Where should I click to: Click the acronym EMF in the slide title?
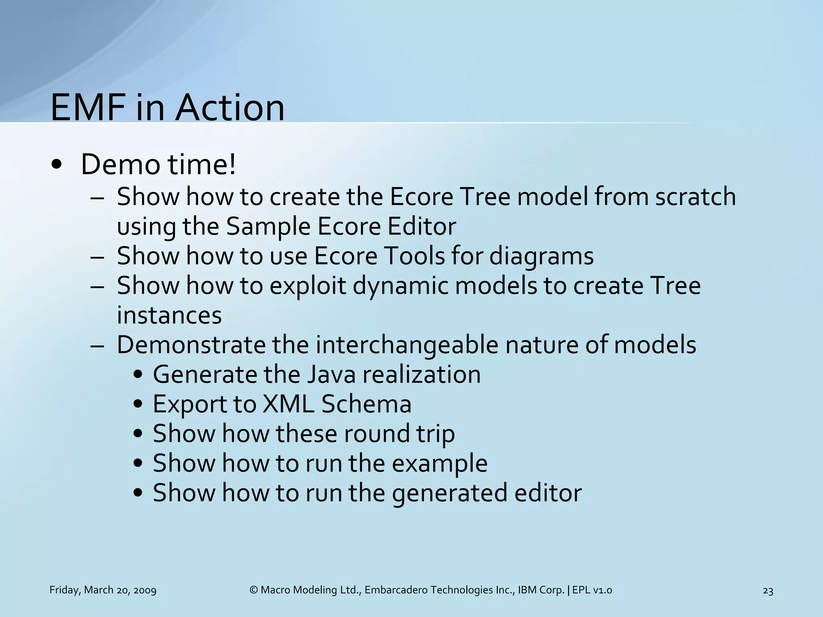tap(89, 108)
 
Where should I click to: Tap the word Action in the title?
tap(230, 108)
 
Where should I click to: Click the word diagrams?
tap(541, 256)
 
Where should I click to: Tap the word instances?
tap(169, 315)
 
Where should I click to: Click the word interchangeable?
tap(407, 345)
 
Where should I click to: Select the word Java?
tap(331, 375)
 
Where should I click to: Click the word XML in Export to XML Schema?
tap(288, 404)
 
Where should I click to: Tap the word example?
tap(439, 464)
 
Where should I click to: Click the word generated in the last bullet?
tap(450, 493)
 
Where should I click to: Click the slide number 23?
tap(768, 591)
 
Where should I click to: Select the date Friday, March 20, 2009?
tap(103, 590)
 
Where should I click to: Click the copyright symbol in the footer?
tap(253, 590)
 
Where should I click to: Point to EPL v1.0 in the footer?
tap(592, 590)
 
